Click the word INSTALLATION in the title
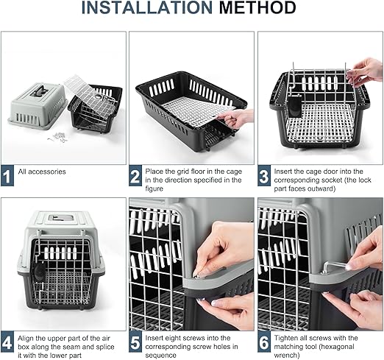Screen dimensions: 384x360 (x=147, y=7)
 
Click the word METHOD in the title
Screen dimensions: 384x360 (x=257, y=7)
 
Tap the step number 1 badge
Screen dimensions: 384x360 (x=7, y=175)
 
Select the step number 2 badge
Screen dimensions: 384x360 (x=135, y=175)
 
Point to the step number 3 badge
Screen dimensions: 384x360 (x=264, y=175)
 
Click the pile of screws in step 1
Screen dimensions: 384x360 (x=58, y=138)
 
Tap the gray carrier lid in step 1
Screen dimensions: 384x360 (x=38, y=106)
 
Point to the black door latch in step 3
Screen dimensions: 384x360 (x=294, y=107)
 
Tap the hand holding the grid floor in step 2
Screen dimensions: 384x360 (x=237, y=119)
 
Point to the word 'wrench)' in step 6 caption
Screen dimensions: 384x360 (x=287, y=355)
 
